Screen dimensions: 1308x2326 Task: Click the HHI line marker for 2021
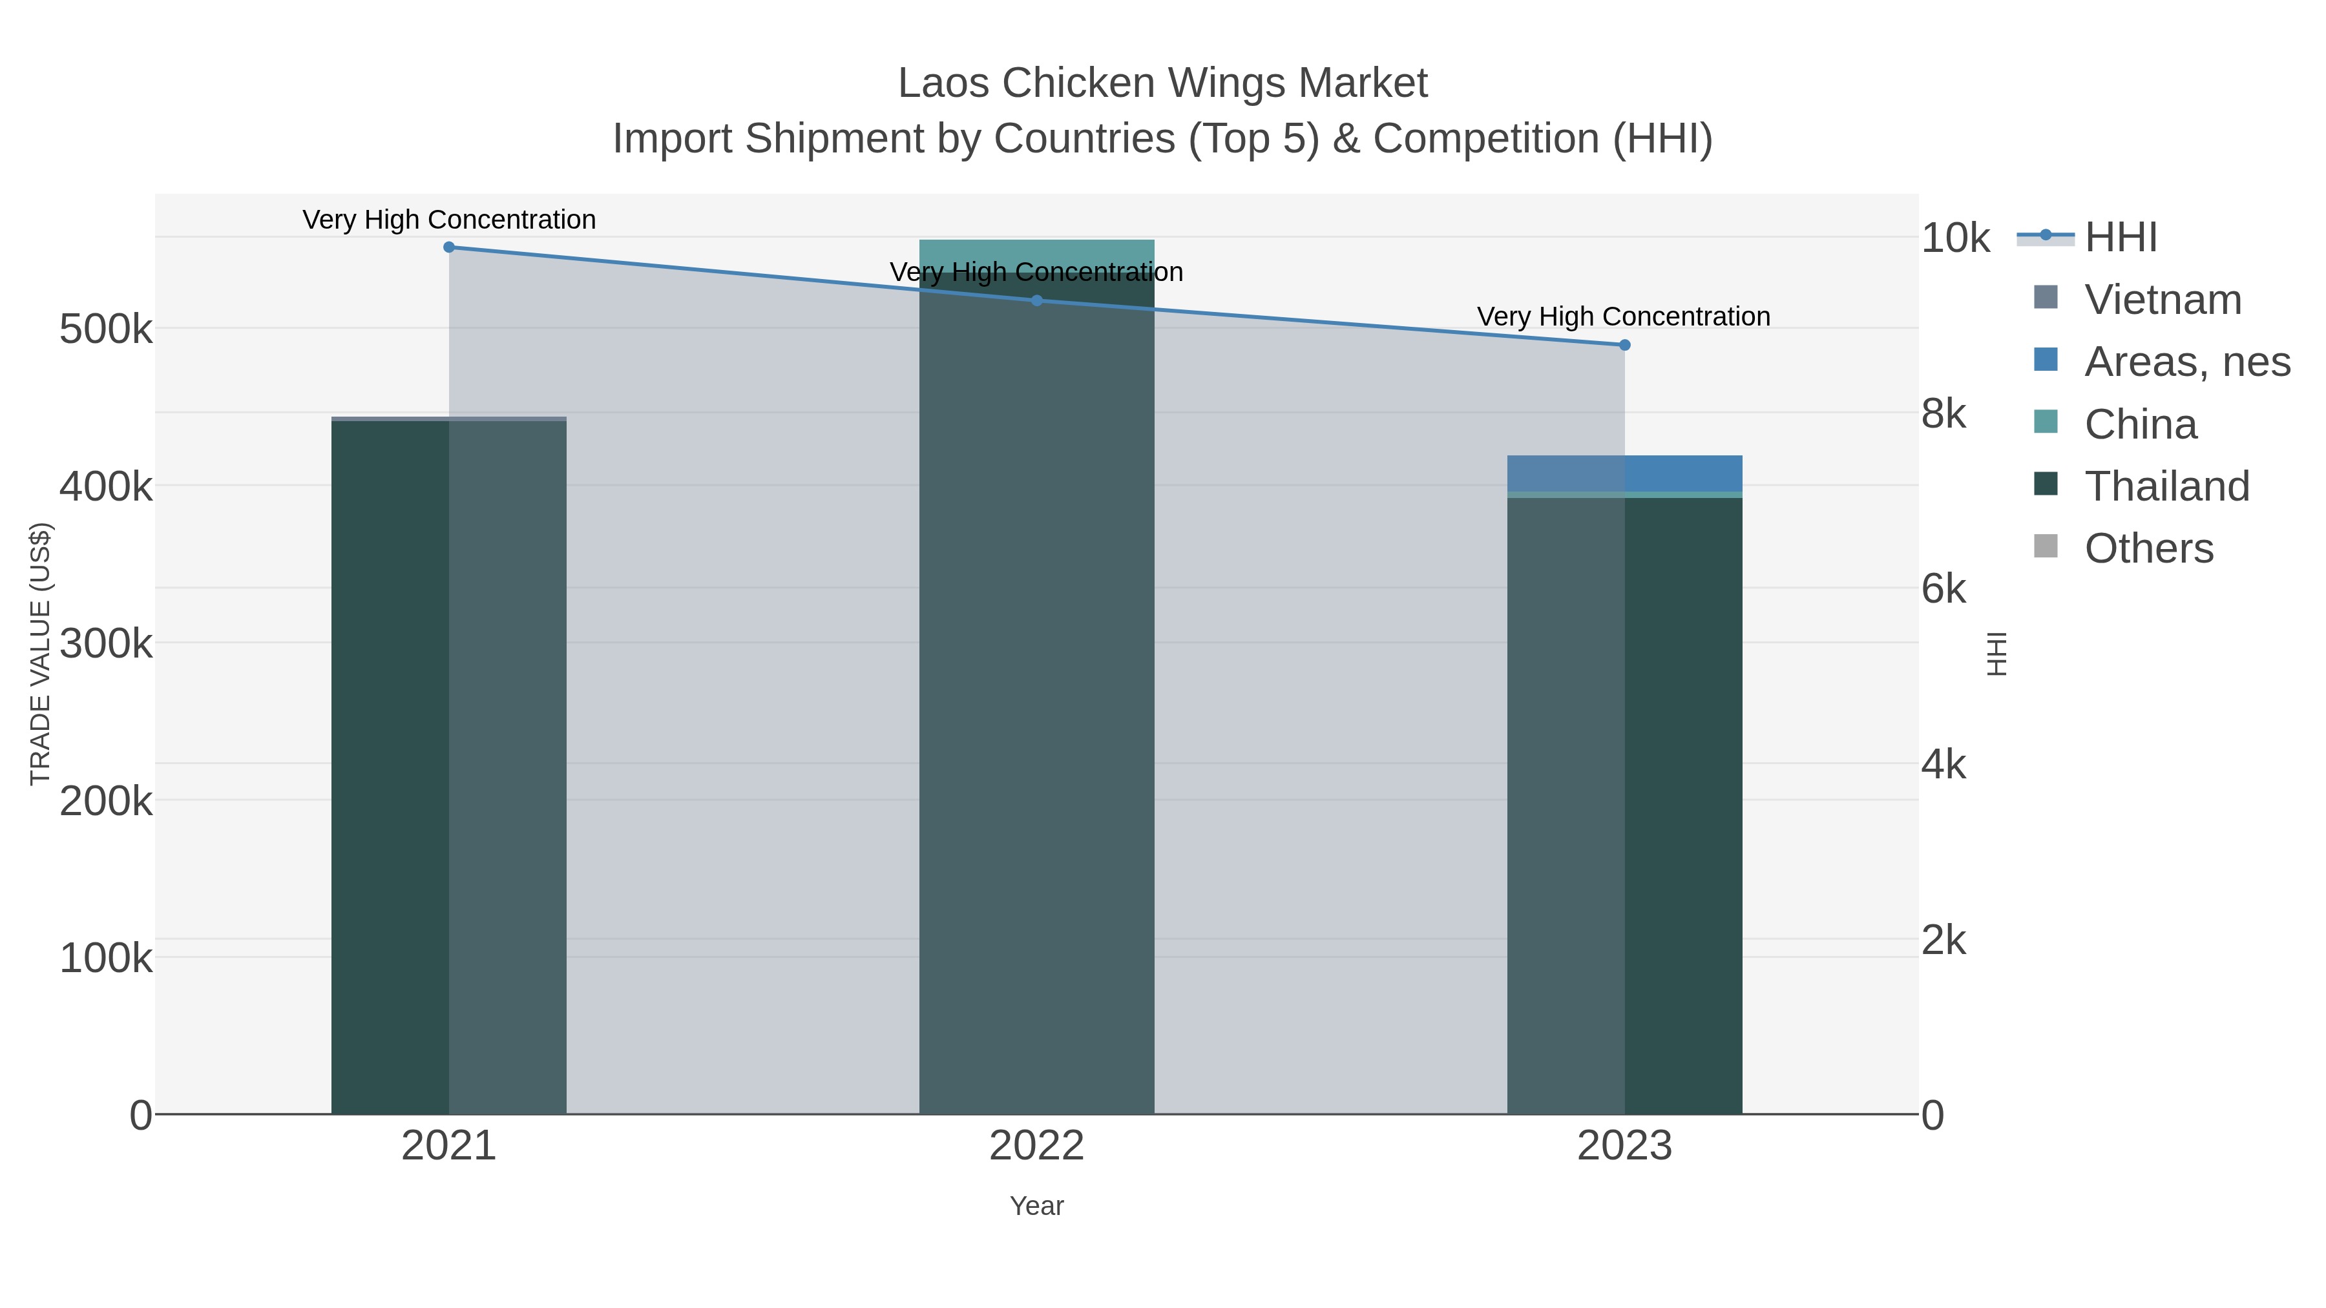449,247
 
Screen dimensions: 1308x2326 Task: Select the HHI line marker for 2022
1036,300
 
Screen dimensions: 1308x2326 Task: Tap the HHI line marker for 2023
1624,345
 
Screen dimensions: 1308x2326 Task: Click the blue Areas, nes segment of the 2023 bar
1624,473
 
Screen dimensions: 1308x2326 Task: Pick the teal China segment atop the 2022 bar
1036,255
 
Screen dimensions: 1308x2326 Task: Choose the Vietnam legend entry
2163,300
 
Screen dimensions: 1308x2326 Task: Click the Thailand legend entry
2166,486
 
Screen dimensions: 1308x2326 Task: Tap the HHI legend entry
2120,238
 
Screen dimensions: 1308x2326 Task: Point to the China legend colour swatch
2045,422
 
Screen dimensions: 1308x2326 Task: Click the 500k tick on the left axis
106,329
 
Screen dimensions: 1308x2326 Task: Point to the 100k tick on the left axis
106,959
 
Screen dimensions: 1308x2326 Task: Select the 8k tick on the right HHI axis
1943,414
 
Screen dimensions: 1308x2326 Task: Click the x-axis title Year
1036,1206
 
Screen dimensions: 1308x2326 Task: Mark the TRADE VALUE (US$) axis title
41,654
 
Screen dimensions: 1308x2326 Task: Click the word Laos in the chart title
943,84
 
